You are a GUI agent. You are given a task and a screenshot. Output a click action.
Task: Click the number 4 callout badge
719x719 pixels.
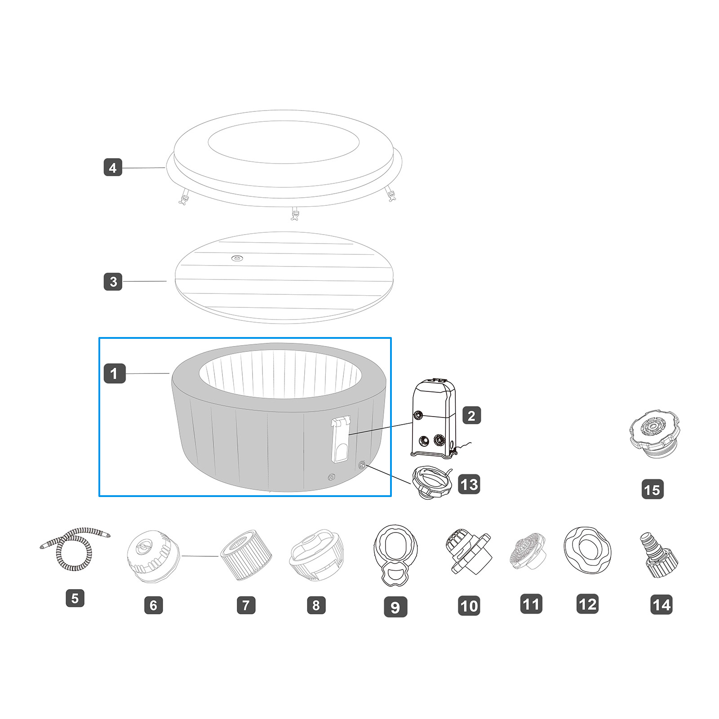pyautogui.click(x=113, y=168)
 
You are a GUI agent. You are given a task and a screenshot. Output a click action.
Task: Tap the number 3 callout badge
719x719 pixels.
pyautogui.click(x=113, y=281)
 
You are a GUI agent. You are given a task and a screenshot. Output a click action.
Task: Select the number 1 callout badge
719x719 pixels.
pyautogui.click(x=114, y=373)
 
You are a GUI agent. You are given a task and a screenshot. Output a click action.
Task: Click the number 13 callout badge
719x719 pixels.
pyautogui.click(x=469, y=484)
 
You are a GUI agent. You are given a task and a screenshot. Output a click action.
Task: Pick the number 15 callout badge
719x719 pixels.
pyautogui.click(x=652, y=489)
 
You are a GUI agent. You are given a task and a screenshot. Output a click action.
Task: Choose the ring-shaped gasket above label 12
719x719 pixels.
pyautogui.click(x=586, y=548)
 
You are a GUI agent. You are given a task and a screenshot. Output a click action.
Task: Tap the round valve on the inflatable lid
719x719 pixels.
pyautogui.click(x=236, y=258)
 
